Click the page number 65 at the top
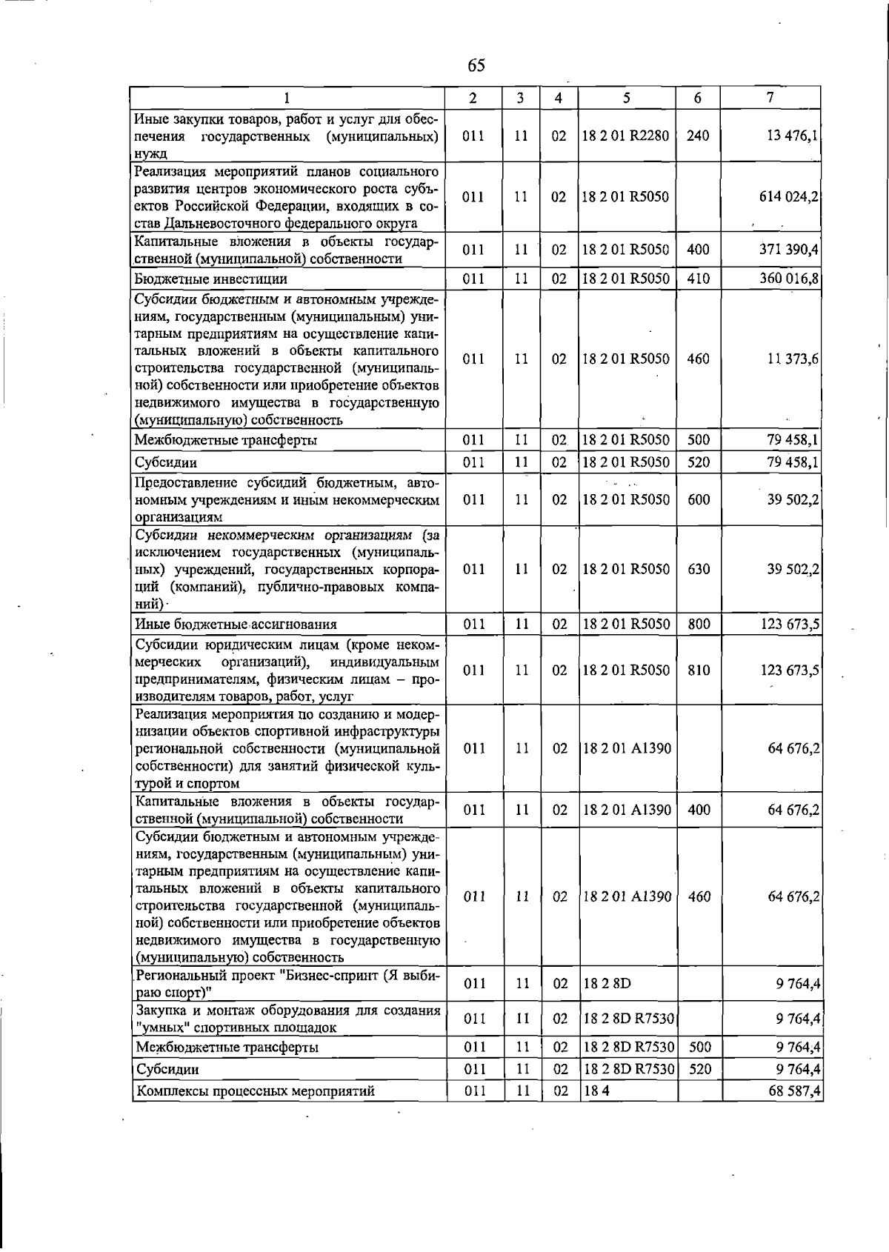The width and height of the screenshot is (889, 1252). (476, 65)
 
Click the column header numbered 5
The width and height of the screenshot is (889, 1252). (626, 98)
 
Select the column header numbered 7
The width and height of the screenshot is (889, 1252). (770, 98)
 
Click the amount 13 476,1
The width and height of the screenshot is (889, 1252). (793, 136)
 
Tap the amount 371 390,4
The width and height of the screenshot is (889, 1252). (788, 250)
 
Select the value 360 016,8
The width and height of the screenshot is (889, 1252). (788, 279)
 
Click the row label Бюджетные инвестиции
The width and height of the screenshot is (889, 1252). (210, 279)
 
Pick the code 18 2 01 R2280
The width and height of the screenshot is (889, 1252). (625, 136)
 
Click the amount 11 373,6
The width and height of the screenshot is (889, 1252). (793, 359)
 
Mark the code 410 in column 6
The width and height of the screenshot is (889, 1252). (698, 279)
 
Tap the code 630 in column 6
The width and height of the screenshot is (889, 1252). (699, 570)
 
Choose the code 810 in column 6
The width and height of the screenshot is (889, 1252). (699, 670)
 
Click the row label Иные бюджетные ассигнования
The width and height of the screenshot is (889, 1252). (236, 625)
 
